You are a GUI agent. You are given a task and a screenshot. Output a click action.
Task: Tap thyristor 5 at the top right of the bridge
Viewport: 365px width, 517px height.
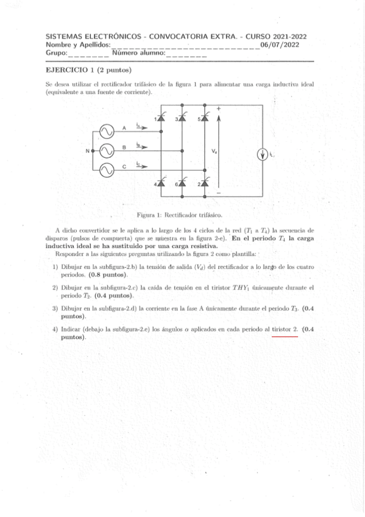pos(205,118)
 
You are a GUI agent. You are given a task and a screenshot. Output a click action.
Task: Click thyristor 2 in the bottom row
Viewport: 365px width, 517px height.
pos(205,183)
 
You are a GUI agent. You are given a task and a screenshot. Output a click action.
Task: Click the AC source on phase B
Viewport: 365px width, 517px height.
pos(104,150)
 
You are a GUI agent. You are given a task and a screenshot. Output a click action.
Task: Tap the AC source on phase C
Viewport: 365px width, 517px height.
pos(104,169)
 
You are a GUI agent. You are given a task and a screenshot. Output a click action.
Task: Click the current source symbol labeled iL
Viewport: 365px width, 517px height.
pos(263,154)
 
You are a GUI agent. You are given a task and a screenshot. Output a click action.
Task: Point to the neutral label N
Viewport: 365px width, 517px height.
pos(87,150)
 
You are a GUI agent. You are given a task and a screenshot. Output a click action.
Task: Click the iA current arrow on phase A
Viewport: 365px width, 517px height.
pos(141,127)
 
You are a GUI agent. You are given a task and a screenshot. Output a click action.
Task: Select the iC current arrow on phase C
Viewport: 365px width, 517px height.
pos(141,165)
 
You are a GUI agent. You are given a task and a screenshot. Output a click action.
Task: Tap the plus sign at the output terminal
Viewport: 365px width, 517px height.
pos(219,109)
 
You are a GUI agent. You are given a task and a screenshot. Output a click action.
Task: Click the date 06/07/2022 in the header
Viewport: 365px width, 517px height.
pos(280,45)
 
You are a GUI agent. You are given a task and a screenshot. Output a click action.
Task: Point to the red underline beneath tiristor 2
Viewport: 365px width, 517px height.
pos(285,335)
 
